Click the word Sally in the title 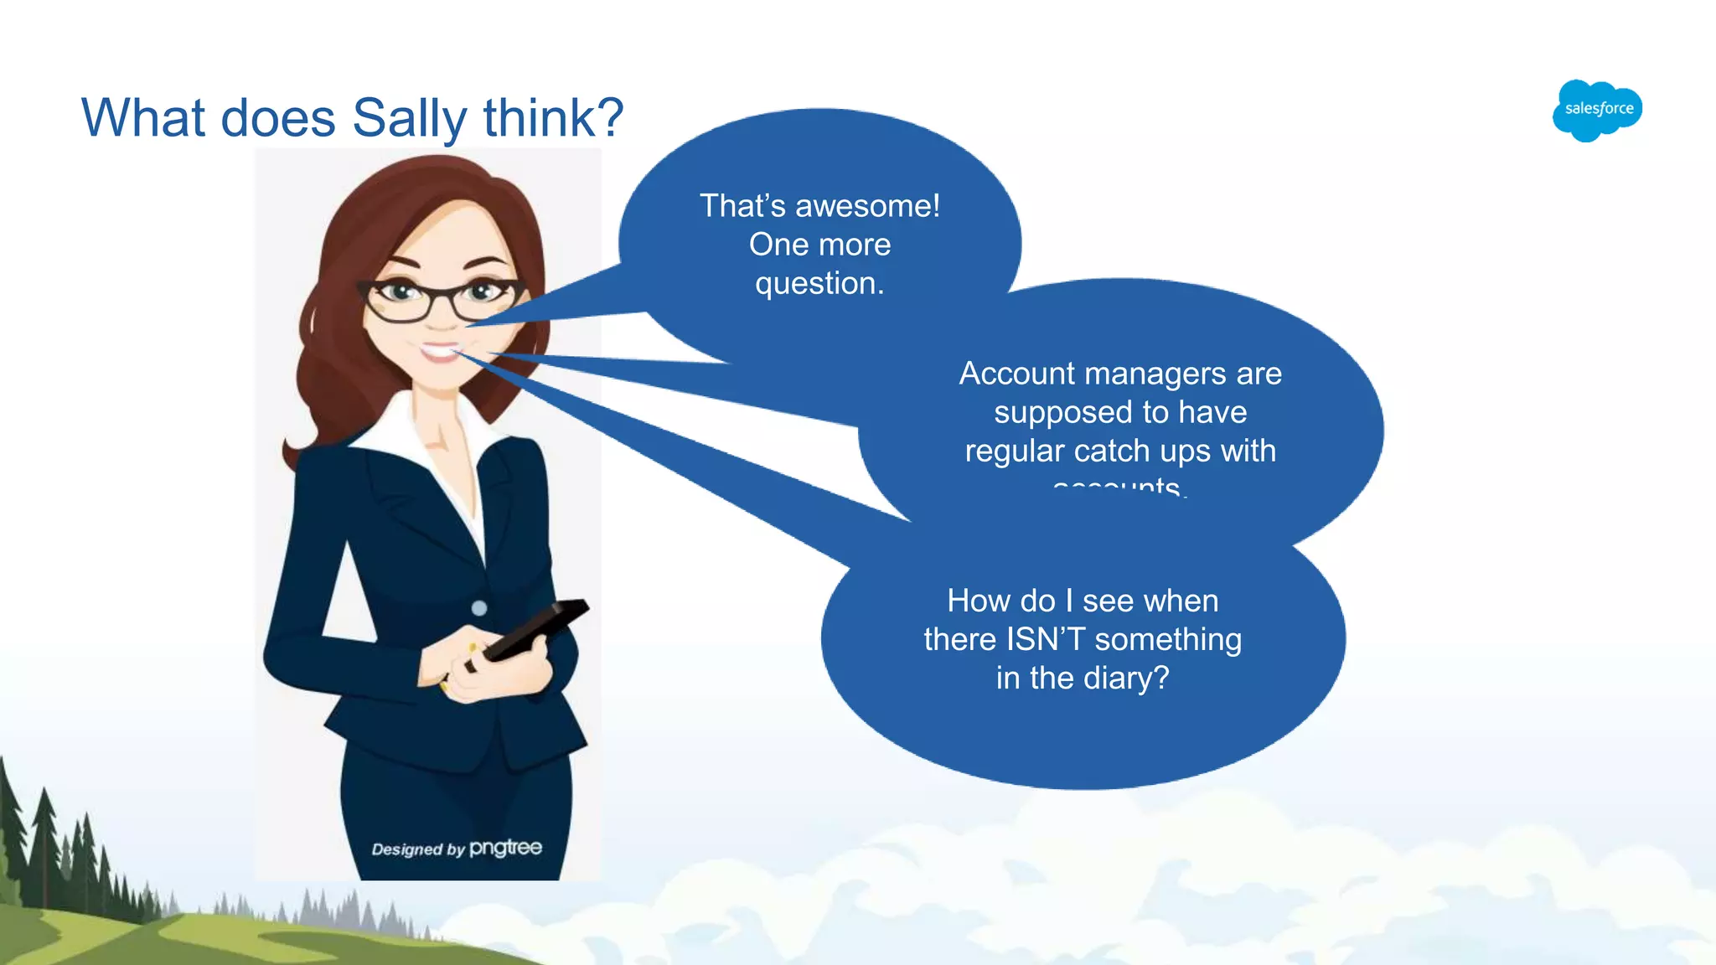coord(409,118)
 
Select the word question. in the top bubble coord(819,284)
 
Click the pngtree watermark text coord(505,848)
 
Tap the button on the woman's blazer coord(479,607)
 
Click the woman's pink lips coord(440,351)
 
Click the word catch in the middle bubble coord(1110,452)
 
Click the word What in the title coord(142,118)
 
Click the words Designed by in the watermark coord(417,849)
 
